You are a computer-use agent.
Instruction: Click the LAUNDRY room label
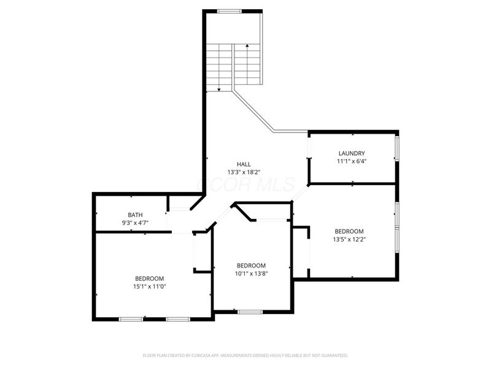pos(352,153)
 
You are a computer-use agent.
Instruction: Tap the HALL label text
pos(244,164)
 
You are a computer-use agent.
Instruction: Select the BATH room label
pos(135,215)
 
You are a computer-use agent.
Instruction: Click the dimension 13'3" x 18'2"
pos(244,172)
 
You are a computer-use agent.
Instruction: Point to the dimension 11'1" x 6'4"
pos(352,161)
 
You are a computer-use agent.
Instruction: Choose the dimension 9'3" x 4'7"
pos(135,223)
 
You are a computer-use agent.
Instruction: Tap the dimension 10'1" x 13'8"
pos(251,274)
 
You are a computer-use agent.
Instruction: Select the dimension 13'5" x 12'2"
pos(348,239)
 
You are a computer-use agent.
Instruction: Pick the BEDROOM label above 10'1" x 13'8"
pos(251,266)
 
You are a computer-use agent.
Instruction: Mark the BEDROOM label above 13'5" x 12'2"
pos(348,231)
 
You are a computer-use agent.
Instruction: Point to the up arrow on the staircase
pos(247,45)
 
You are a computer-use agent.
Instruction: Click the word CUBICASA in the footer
pos(209,355)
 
